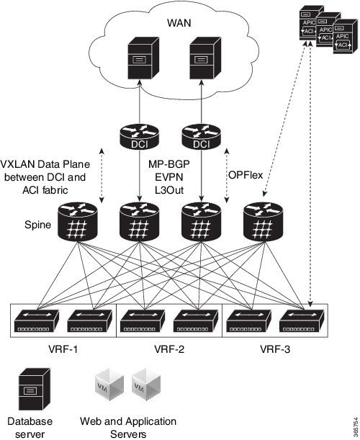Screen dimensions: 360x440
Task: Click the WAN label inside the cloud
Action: click(x=179, y=23)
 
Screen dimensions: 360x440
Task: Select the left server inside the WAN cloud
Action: click(x=143, y=58)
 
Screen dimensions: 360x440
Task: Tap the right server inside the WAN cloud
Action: click(x=205, y=58)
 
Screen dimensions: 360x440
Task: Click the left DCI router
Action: click(x=140, y=137)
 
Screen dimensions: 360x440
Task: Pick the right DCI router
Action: click(x=201, y=137)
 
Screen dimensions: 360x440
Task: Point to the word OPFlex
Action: click(x=246, y=175)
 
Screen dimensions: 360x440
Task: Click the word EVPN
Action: click(x=169, y=177)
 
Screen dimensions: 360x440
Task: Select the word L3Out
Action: click(x=169, y=190)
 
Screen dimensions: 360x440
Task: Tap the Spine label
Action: click(x=38, y=225)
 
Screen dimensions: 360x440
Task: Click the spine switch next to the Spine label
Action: click(x=78, y=222)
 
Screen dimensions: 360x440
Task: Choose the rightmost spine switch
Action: click(x=263, y=222)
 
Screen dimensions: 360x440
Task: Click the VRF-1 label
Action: click(x=63, y=349)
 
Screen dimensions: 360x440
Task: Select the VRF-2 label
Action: click(x=169, y=349)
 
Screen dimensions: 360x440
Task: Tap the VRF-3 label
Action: click(x=275, y=349)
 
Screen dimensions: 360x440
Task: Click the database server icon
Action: click(x=35, y=390)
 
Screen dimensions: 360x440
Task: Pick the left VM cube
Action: click(x=109, y=384)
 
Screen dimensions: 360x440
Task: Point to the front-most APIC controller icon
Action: click(x=345, y=37)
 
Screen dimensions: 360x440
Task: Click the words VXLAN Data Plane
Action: click(x=45, y=164)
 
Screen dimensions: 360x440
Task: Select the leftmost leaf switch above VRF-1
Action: click(x=37, y=321)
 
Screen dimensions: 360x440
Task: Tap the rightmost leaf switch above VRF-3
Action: click(x=302, y=321)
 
